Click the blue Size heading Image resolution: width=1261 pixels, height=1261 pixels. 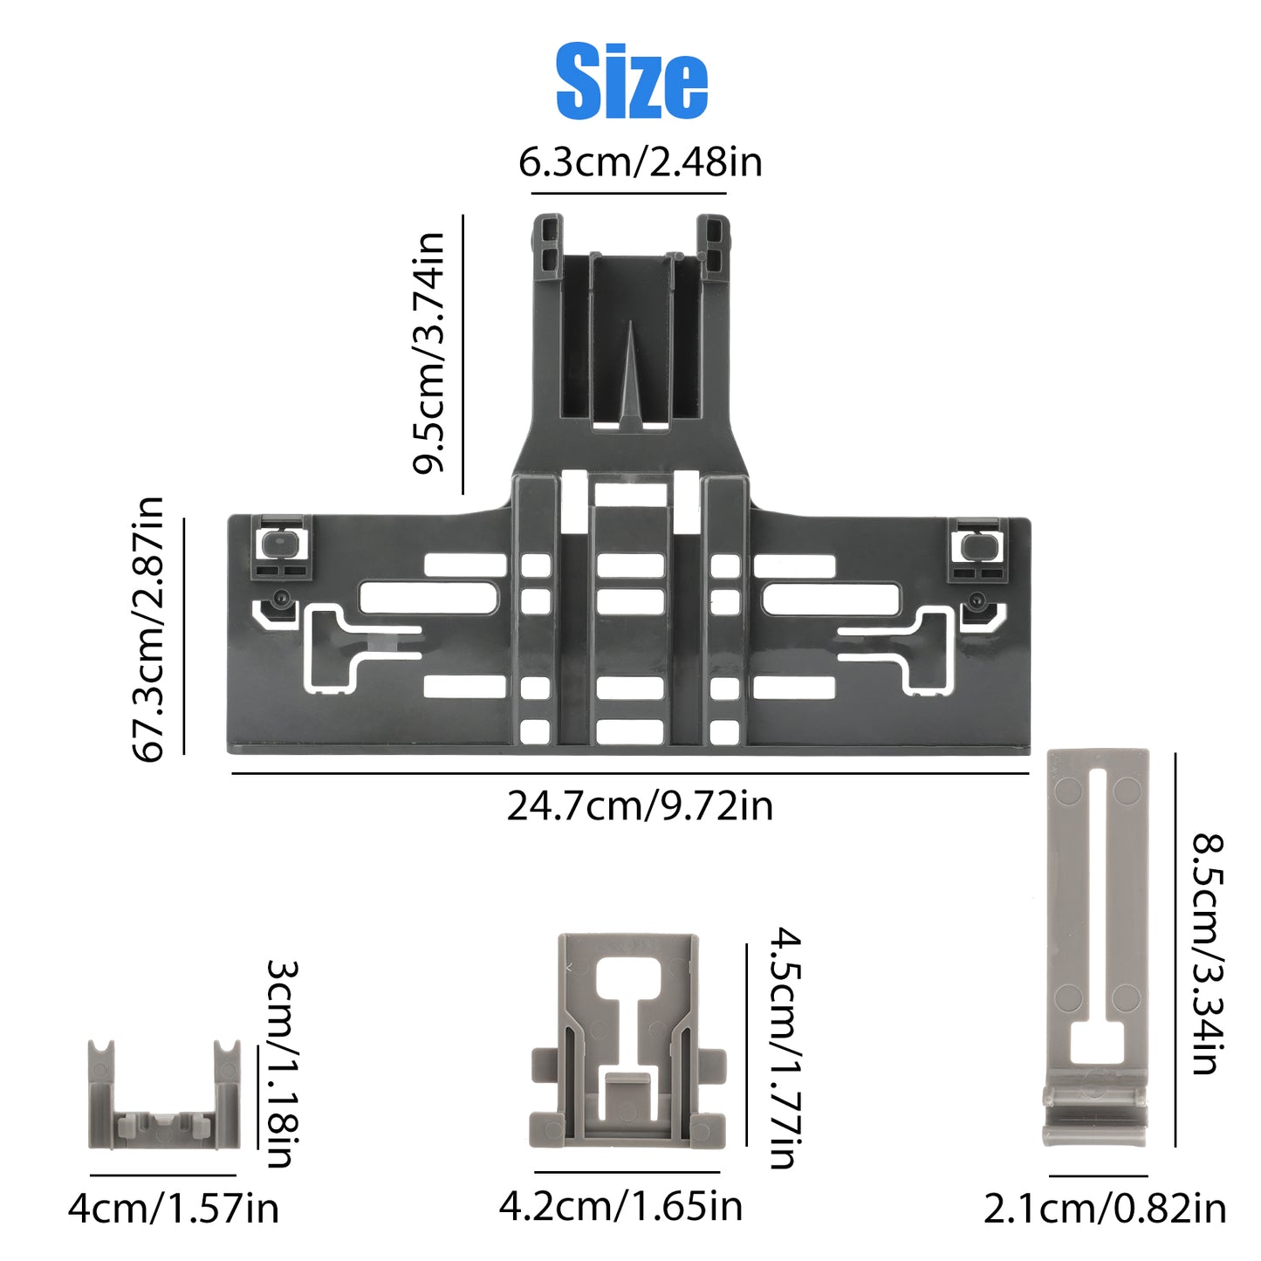click(632, 82)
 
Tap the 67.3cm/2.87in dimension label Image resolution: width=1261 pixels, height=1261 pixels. click(148, 629)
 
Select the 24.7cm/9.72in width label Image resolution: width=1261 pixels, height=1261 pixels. click(640, 805)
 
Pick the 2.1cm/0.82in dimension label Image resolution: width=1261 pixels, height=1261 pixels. click(1106, 1209)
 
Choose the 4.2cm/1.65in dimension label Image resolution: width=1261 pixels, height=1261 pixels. click(621, 1206)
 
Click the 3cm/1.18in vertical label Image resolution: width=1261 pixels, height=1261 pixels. click(283, 1064)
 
